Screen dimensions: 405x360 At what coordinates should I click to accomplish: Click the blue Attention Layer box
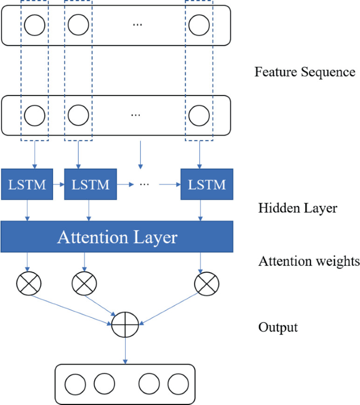pyautogui.click(x=117, y=236)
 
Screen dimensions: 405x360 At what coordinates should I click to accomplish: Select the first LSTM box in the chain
pyautogui.click(x=27, y=184)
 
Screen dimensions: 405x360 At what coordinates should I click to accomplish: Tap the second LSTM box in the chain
pyautogui.click(x=90, y=184)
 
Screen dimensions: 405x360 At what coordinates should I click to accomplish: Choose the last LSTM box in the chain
pyautogui.click(x=207, y=184)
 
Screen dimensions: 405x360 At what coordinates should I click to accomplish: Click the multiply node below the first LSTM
pyautogui.click(x=29, y=284)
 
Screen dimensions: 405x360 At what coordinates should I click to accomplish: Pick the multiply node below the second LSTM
pyautogui.click(x=84, y=284)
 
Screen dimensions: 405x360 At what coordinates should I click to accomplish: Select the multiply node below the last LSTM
pyautogui.click(x=206, y=284)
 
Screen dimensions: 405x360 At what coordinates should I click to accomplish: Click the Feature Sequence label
pyautogui.click(x=305, y=72)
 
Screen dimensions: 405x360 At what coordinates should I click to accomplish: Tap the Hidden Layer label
pyautogui.click(x=297, y=209)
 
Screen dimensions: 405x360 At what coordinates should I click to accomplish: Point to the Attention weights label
pyautogui.click(x=309, y=261)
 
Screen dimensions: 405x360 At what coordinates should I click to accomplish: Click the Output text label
pyautogui.click(x=278, y=328)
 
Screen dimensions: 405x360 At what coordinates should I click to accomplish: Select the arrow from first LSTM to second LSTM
pyautogui.click(x=58, y=184)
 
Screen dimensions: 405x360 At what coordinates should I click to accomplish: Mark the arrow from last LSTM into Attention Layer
pyautogui.click(x=200, y=211)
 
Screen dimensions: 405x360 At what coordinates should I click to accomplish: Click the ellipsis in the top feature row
pyautogui.click(x=137, y=25)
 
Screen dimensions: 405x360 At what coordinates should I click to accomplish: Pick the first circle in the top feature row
pyautogui.click(x=34, y=24)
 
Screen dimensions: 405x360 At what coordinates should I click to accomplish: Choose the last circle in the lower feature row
pyautogui.click(x=199, y=114)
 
